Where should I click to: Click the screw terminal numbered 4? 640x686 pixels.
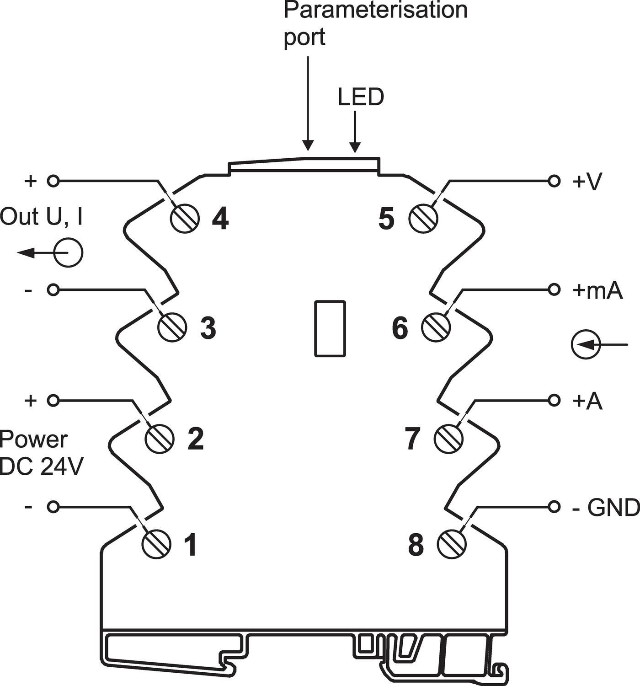click(185, 218)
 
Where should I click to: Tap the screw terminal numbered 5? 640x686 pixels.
click(423, 218)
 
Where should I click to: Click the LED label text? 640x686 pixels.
click(361, 97)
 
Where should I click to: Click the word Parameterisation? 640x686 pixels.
click(376, 10)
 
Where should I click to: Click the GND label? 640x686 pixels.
click(613, 507)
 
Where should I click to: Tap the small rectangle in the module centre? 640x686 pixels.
click(330, 328)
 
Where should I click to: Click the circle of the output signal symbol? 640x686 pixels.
click(69, 252)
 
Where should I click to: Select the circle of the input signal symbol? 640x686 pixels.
click(586, 344)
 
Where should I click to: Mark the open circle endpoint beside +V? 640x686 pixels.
click(554, 182)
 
